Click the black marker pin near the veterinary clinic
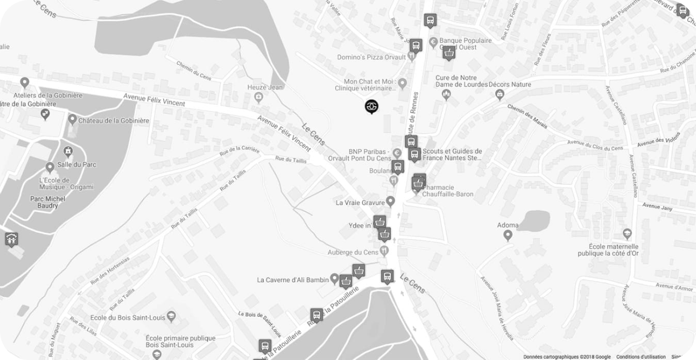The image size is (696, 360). pos(371,106)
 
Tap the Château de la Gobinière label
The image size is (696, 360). pos(113,120)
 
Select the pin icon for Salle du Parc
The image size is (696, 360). pos(50,166)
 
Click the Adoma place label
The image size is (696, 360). pos(508,225)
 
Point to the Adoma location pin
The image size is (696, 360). pos(507,236)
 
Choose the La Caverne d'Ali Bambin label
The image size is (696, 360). pos(292,280)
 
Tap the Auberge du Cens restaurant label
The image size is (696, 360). pos(352,252)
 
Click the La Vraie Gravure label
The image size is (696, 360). pos(360,202)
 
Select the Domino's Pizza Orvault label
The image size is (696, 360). pos(371,57)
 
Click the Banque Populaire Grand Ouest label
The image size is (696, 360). pos(465,44)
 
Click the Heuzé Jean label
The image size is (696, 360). pos(265,87)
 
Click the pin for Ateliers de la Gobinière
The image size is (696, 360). pos(24,83)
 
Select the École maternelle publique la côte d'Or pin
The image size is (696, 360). pos(627,234)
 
